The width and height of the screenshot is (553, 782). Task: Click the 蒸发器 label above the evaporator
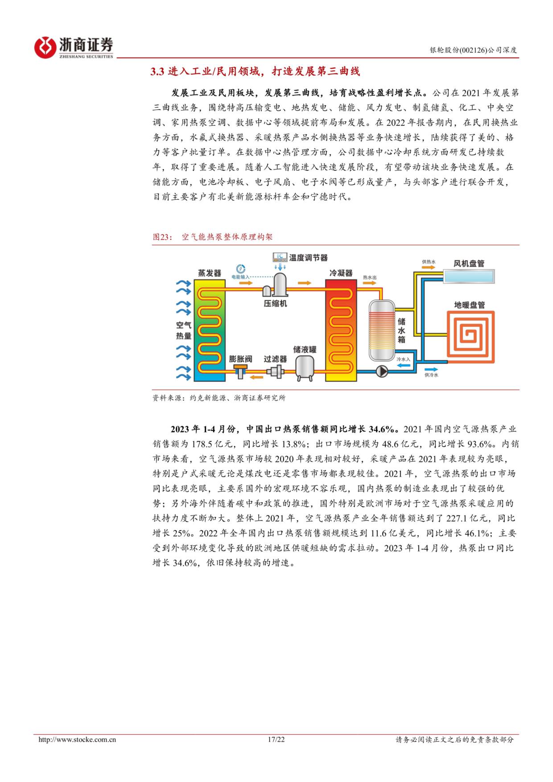(210, 273)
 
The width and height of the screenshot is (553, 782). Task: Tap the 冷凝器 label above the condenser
(341, 273)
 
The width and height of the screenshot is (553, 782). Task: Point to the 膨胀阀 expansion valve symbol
(241, 370)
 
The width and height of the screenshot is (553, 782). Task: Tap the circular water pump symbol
(382, 370)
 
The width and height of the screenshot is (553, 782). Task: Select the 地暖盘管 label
(469, 305)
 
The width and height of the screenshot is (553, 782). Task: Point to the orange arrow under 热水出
(370, 284)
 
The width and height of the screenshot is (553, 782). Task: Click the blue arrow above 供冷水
(431, 369)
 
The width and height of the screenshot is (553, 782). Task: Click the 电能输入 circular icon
(241, 269)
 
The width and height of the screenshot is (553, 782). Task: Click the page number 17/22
(276, 740)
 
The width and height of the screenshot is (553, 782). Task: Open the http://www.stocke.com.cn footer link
(78, 740)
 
